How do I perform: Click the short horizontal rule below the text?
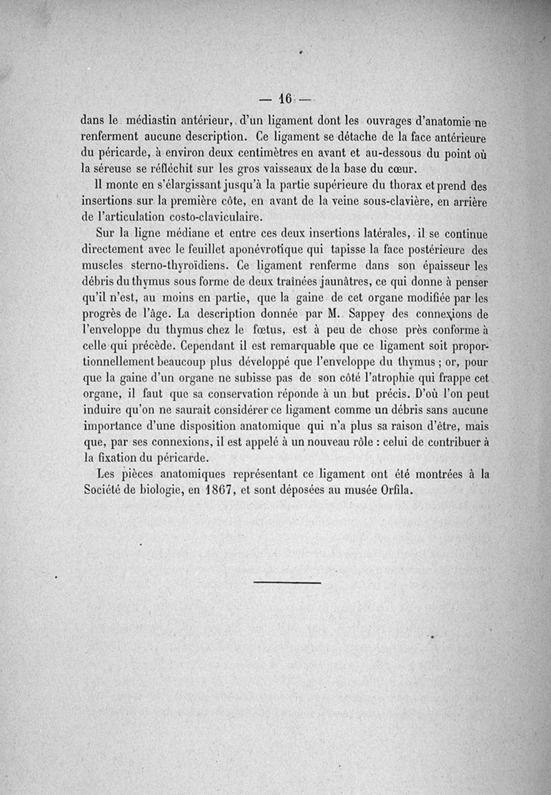287,583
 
